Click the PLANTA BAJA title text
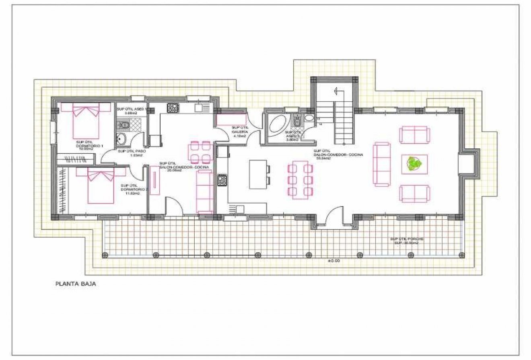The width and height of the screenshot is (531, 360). [x=75, y=284]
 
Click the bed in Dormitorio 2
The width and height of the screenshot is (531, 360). [x=101, y=185]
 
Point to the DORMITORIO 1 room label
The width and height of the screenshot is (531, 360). [x=89, y=146]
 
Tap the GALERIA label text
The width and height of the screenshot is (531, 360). [x=239, y=132]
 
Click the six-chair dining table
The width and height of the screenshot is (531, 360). [x=300, y=180]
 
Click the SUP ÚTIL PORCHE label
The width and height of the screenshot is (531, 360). [x=406, y=239]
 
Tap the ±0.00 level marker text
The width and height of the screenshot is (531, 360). [x=333, y=261]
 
